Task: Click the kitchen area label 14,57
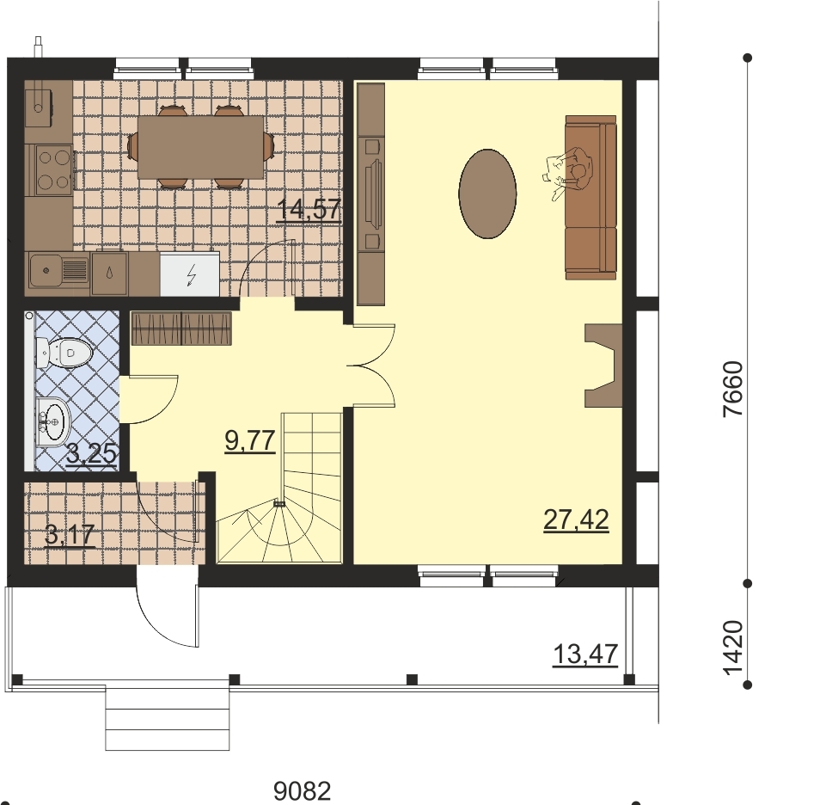(309, 211)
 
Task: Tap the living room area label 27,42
(576, 520)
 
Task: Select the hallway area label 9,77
(250, 441)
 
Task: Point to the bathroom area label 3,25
(92, 453)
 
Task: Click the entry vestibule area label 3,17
(70, 535)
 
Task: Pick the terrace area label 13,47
(585, 654)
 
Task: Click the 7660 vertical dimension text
(732, 389)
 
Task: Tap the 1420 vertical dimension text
(732, 648)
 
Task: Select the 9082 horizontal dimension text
(303, 790)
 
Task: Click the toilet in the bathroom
(64, 353)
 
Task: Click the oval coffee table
(488, 194)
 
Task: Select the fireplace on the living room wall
(603, 366)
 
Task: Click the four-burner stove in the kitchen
(53, 169)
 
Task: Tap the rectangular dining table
(201, 147)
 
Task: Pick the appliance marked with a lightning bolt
(190, 273)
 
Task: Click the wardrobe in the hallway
(181, 329)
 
